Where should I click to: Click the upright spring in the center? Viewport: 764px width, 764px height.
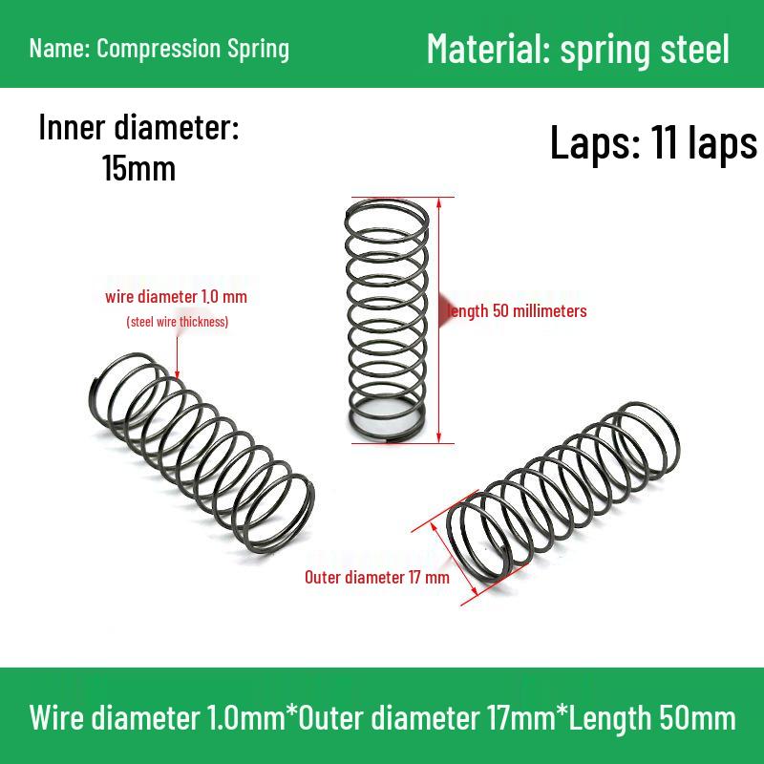(x=385, y=320)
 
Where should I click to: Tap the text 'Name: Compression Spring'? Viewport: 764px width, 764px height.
(x=159, y=48)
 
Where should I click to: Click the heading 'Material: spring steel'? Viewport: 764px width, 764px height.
(x=578, y=48)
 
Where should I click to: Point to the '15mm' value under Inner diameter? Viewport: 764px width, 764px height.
(x=138, y=169)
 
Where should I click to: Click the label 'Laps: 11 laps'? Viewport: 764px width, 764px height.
(x=653, y=143)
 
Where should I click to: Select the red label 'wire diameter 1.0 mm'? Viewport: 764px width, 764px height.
(x=176, y=297)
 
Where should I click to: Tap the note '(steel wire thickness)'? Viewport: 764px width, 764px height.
(x=177, y=322)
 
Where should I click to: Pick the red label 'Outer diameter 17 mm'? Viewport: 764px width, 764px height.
(x=376, y=577)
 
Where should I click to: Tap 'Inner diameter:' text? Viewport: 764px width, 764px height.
(x=138, y=129)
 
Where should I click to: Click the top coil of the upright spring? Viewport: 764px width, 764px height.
(x=385, y=210)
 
